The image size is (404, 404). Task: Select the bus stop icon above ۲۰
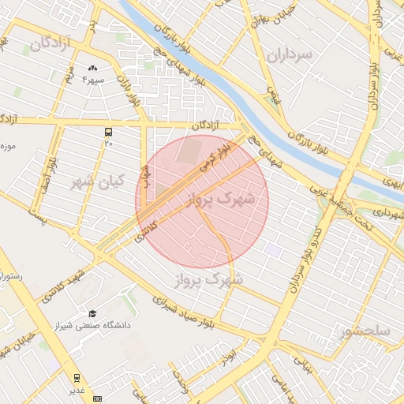coord(108,133)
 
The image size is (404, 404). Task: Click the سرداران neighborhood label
coord(290,54)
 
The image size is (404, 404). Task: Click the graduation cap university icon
coord(93,314)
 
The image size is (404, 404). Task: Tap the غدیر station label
coord(77,390)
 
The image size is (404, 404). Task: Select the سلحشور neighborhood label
coord(364,332)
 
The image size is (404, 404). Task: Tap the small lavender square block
coord(272,250)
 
